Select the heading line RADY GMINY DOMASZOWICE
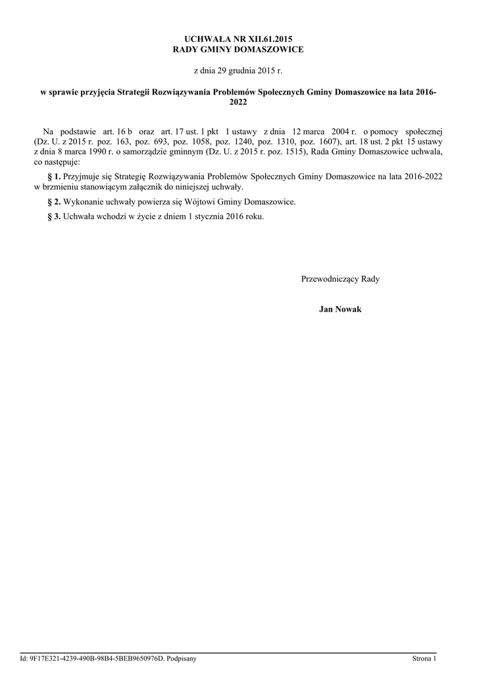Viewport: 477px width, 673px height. (x=238, y=50)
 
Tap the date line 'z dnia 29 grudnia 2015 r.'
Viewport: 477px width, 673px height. (x=238, y=70)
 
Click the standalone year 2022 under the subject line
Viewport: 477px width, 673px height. (x=238, y=103)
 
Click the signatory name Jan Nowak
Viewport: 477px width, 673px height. (x=340, y=309)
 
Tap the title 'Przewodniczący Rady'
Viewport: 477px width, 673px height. (x=340, y=279)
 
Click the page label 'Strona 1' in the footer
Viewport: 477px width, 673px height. (x=424, y=658)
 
